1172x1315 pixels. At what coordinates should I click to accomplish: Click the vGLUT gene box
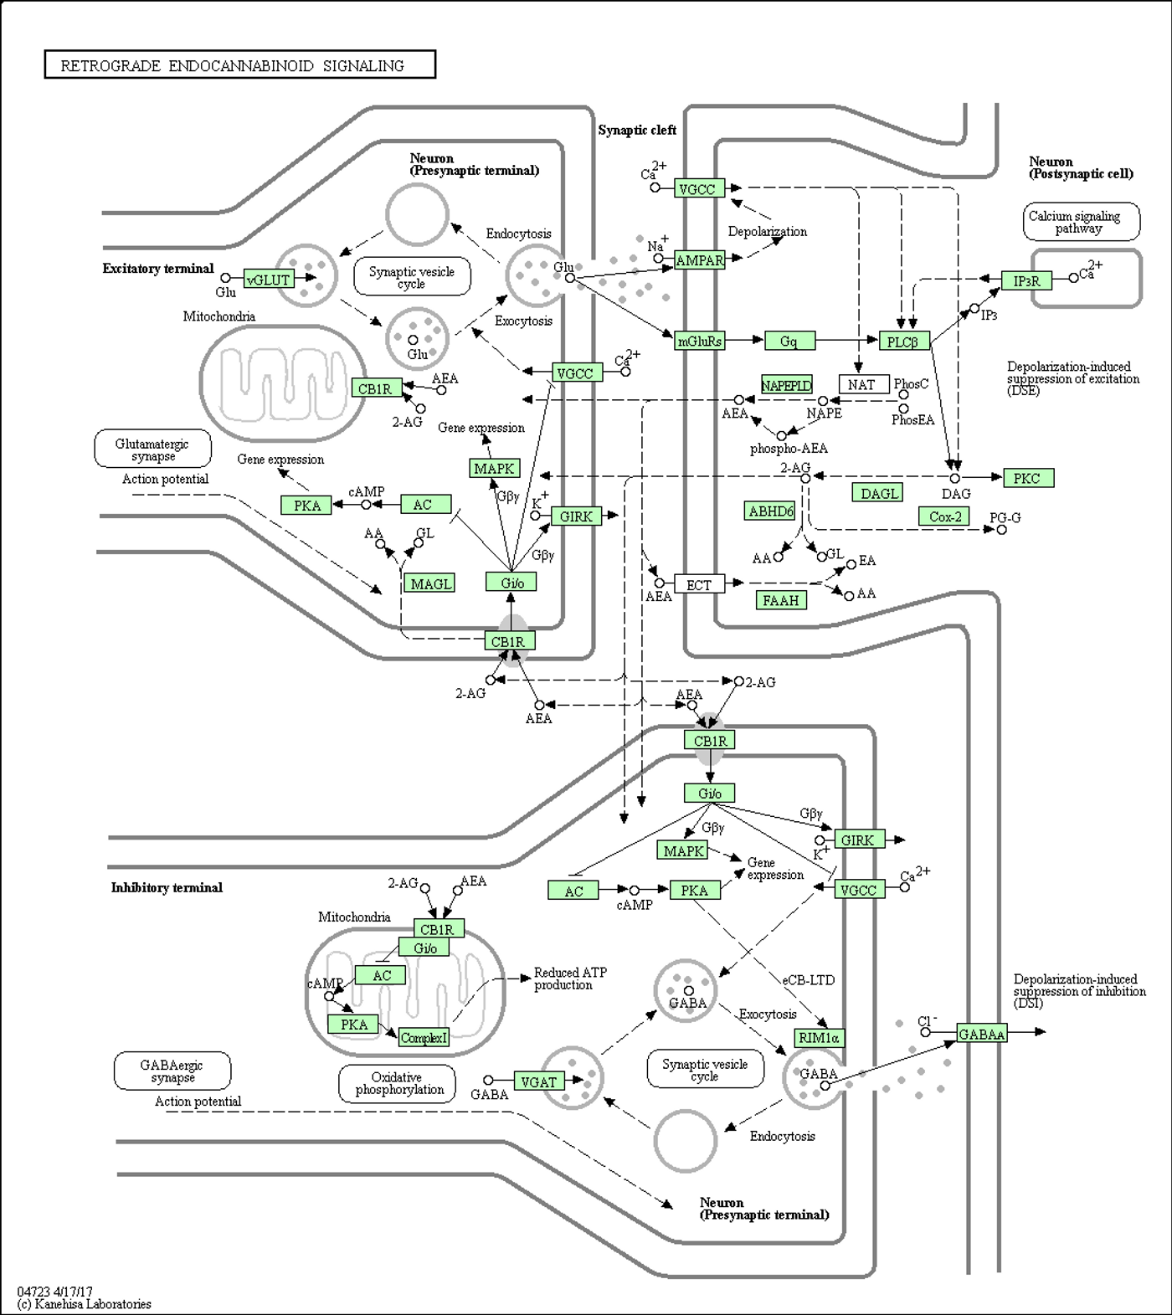[269, 280]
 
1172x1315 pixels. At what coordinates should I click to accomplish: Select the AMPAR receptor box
[699, 260]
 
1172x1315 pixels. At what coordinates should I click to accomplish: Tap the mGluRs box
[699, 341]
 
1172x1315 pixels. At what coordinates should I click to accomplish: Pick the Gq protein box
[789, 341]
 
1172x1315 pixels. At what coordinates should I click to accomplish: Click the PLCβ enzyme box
[904, 341]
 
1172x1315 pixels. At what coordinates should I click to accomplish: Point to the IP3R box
[1026, 280]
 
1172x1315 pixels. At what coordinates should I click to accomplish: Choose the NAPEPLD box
[786, 385]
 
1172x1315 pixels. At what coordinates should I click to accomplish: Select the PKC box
[1028, 478]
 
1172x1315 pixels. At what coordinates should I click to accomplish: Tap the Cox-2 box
[945, 516]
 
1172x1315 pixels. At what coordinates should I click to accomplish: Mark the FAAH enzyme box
[781, 599]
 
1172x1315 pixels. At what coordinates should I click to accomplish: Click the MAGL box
[430, 583]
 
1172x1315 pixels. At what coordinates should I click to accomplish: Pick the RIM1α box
[820, 1038]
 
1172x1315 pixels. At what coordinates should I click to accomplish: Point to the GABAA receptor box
[982, 1034]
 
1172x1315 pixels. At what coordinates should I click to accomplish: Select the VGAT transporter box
[539, 1081]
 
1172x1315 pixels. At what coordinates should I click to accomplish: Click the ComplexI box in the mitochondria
[424, 1037]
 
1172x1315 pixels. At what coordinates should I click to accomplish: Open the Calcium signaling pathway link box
[1082, 222]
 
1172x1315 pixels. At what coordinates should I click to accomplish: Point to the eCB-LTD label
[809, 979]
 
